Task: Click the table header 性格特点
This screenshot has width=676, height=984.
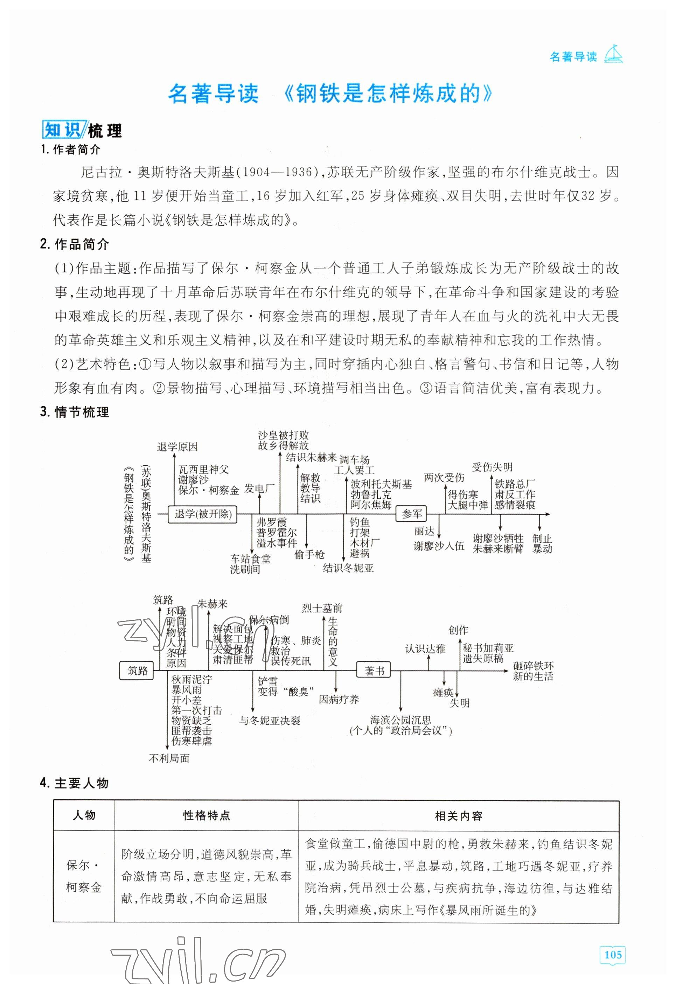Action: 206,815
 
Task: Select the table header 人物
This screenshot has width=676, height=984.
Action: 84,815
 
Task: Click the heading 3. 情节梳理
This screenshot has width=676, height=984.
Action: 75,412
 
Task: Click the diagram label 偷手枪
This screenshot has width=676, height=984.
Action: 309,554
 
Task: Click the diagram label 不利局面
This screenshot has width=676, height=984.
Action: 169,758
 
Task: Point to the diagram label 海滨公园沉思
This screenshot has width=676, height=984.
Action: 400,720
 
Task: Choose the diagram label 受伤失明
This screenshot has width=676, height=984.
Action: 492,467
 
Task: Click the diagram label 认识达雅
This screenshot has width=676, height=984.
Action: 425,649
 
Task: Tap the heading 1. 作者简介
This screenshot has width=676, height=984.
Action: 71,149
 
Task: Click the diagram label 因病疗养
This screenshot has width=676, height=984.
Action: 339,699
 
